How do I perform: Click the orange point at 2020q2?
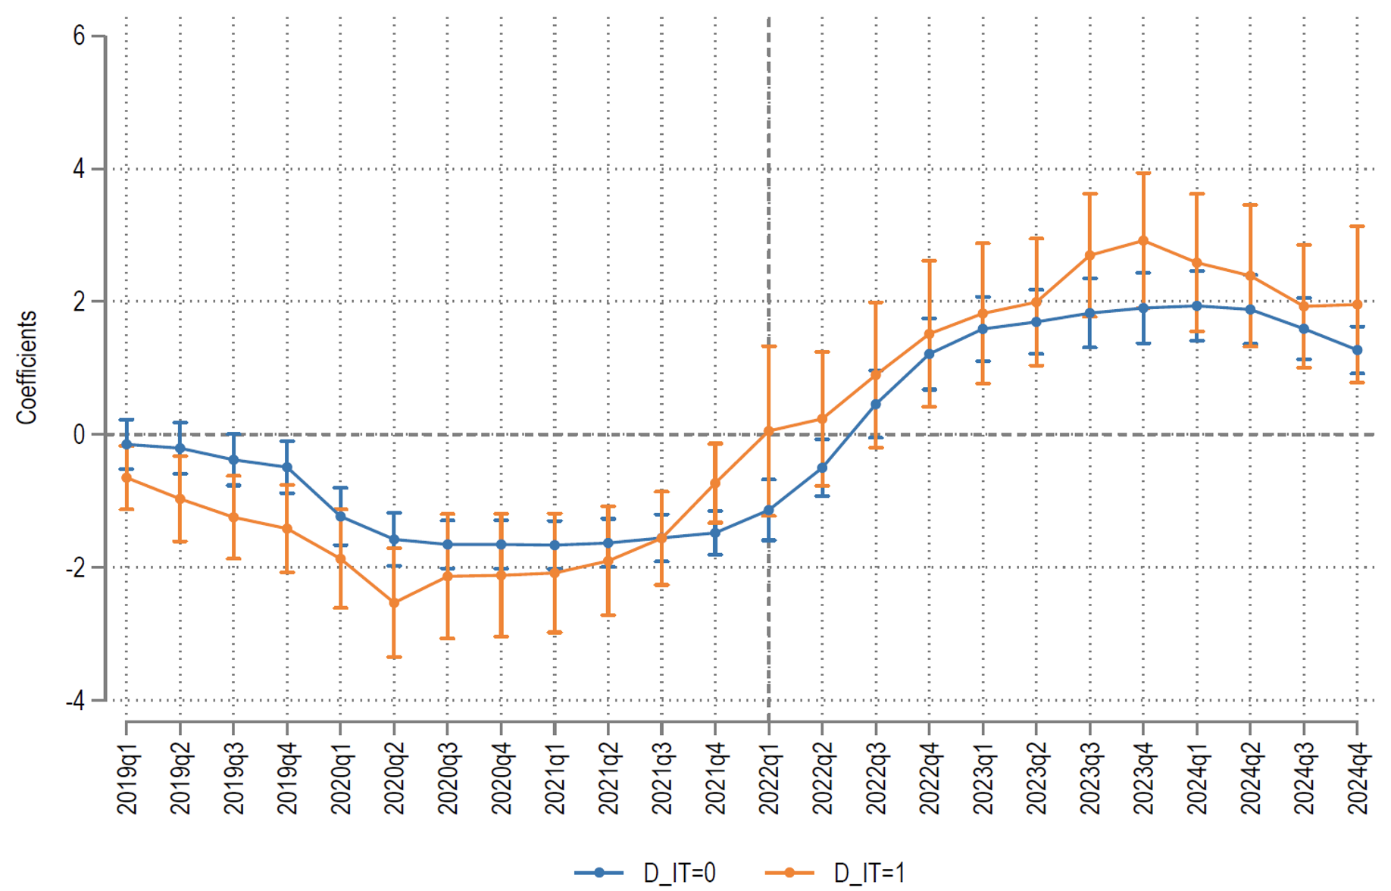[x=394, y=602]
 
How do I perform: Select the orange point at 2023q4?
[x=1143, y=241]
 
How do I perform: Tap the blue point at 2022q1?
[x=769, y=510]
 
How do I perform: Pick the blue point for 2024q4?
[x=1357, y=350]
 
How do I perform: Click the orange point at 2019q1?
[x=127, y=478]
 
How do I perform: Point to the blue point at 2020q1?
[x=341, y=517]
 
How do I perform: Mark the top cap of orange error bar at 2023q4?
[x=1143, y=174]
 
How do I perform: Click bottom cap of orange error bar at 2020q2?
[x=394, y=657]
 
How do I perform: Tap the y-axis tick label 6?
[x=79, y=36]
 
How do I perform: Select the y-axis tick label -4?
[x=75, y=701]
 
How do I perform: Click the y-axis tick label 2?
[x=79, y=302]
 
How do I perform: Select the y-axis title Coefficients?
[x=27, y=367]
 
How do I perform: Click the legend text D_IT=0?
[x=679, y=874]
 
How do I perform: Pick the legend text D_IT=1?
[x=869, y=874]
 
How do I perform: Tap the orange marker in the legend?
[x=789, y=873]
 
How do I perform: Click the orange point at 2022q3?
[x=876, y=374]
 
